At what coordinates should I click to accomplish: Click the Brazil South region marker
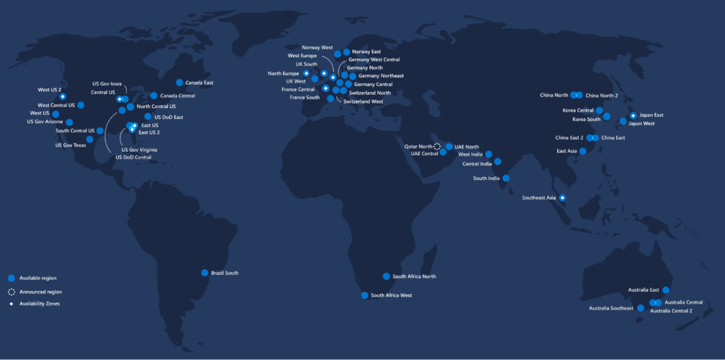pos(205,273)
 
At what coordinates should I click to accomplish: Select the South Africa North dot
pos(386,276)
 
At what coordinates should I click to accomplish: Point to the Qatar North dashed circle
pos(437,146)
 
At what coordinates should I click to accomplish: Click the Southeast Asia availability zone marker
pos(563,197)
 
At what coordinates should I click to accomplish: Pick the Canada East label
pos(199,83)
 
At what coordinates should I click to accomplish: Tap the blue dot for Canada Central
pos(154,96)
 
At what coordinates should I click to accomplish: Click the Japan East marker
pos(632,116)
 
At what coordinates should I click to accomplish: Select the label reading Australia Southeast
pos(611,308)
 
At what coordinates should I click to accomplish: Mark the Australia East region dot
pos(666,290)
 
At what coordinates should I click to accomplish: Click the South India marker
pos(505,178)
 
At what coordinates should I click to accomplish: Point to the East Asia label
pos(567,151)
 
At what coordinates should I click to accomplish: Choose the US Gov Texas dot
pos(90,139)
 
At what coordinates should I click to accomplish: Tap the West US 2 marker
pos(63,97)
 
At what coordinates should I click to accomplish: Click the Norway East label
pos(367,52)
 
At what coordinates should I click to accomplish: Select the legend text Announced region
pos(40,292)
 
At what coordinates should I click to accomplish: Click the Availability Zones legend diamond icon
pos(11,304)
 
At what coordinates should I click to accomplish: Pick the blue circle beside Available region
pos(11,278)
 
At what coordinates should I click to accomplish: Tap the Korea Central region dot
pos(599,110)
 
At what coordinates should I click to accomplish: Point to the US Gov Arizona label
pos(45,122)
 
